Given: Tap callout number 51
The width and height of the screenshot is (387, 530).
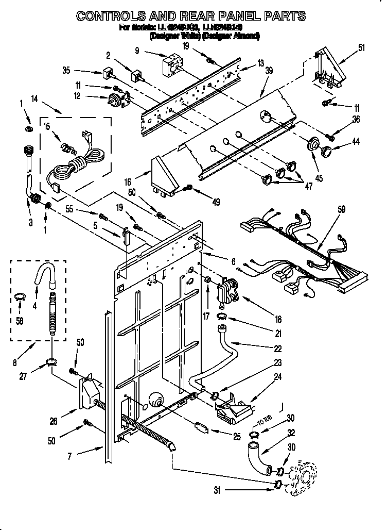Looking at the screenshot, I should [361, 48].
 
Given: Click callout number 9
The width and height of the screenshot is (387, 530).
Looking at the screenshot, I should [137, 51].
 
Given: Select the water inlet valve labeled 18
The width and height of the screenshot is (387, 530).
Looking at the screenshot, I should [228, 291].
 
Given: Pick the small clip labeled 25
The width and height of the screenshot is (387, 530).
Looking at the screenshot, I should [202, 428].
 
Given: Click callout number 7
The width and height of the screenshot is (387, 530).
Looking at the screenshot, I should [70, 455].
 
